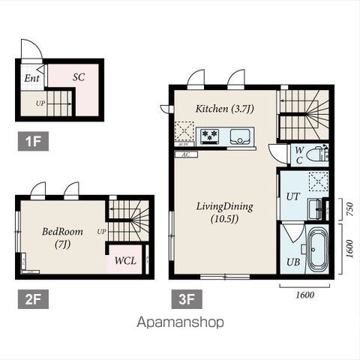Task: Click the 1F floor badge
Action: (33, 142)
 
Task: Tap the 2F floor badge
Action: (33, 299)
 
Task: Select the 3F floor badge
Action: (187, 299)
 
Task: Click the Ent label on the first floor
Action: (31, 79)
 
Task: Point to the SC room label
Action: (79, 77)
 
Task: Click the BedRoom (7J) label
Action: (62, 238)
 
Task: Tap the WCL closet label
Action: (125, 261)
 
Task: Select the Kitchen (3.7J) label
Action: (224, 109)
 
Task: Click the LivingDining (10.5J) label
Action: (224, 213)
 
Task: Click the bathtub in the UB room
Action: (316, 251)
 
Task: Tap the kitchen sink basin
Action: (239, 136)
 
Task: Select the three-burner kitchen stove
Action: (210, 136)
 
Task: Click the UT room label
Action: (293, 196)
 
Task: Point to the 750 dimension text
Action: (350, 209)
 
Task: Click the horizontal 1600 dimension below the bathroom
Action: (305, 295)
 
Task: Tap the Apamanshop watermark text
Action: (180, 322)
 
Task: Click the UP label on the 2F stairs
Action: (101, 232)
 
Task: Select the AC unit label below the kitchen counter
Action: (186, 154)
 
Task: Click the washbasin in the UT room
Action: (315, 209)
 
